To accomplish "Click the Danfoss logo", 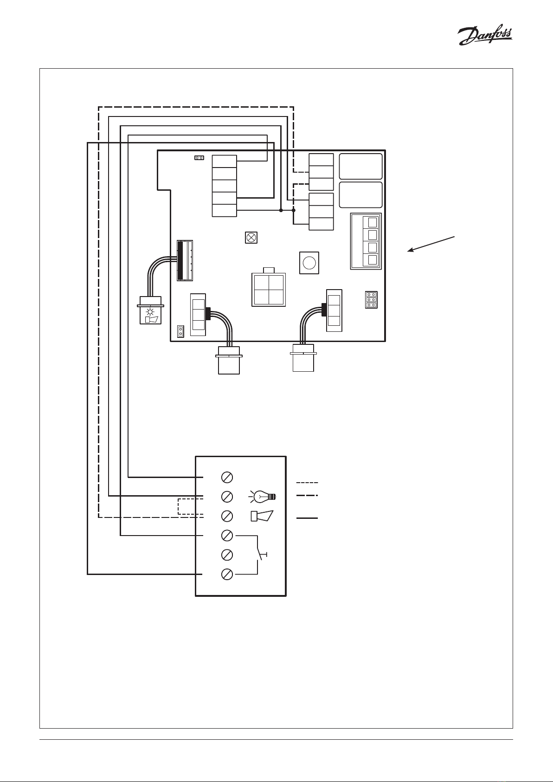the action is (x=485, y=36).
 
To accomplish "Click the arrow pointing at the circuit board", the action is (x=431, y=244).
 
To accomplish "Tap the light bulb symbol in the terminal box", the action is (x=263, y=496).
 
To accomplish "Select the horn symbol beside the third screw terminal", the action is (x=262, y=516).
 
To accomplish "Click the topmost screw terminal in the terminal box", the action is (x=227, y=477).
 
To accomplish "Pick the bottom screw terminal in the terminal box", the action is (x=227, y=574).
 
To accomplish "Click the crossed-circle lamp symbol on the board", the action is (x=251, y=238).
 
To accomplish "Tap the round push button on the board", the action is (x=309, y=263).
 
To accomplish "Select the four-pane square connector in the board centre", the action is (x=269, y=289).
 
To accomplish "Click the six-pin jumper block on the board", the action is (x=371, y=300).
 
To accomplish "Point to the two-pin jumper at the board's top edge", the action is (x=199, y=158).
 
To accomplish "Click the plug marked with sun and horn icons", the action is (x=150, y=310).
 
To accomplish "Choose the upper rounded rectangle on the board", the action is (x=361, y=167).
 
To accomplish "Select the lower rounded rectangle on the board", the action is (x=361, y=195).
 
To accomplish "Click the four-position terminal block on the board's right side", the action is (x=366, y=241).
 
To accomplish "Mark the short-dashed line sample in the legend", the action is (x=307, y=483).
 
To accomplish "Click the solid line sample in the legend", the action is (x=307, y=518).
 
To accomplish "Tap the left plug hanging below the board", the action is (x=229, y=360).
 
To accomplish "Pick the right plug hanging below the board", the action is (x=303, y=358).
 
